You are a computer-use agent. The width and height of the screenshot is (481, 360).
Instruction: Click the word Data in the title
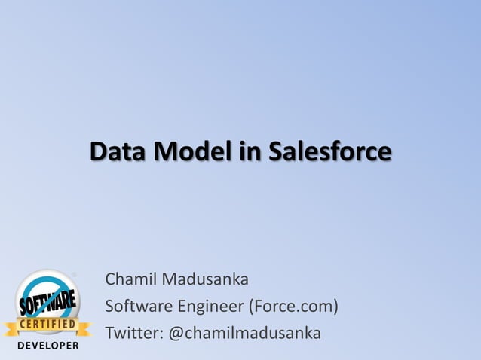(118, 151)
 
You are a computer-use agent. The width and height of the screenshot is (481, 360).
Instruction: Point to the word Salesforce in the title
(330, 151)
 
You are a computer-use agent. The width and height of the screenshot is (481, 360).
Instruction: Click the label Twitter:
(133, 333)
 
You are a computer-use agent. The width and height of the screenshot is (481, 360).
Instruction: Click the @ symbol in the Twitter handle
(174, 333)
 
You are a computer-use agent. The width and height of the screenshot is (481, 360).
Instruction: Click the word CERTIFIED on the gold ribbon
(47, 325)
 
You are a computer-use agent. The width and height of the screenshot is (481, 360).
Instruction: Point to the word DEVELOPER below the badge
(47, 346)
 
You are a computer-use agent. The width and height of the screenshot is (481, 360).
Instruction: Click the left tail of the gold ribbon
(10, 328)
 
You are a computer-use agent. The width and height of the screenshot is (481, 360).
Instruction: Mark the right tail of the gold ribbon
(84, 328)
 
